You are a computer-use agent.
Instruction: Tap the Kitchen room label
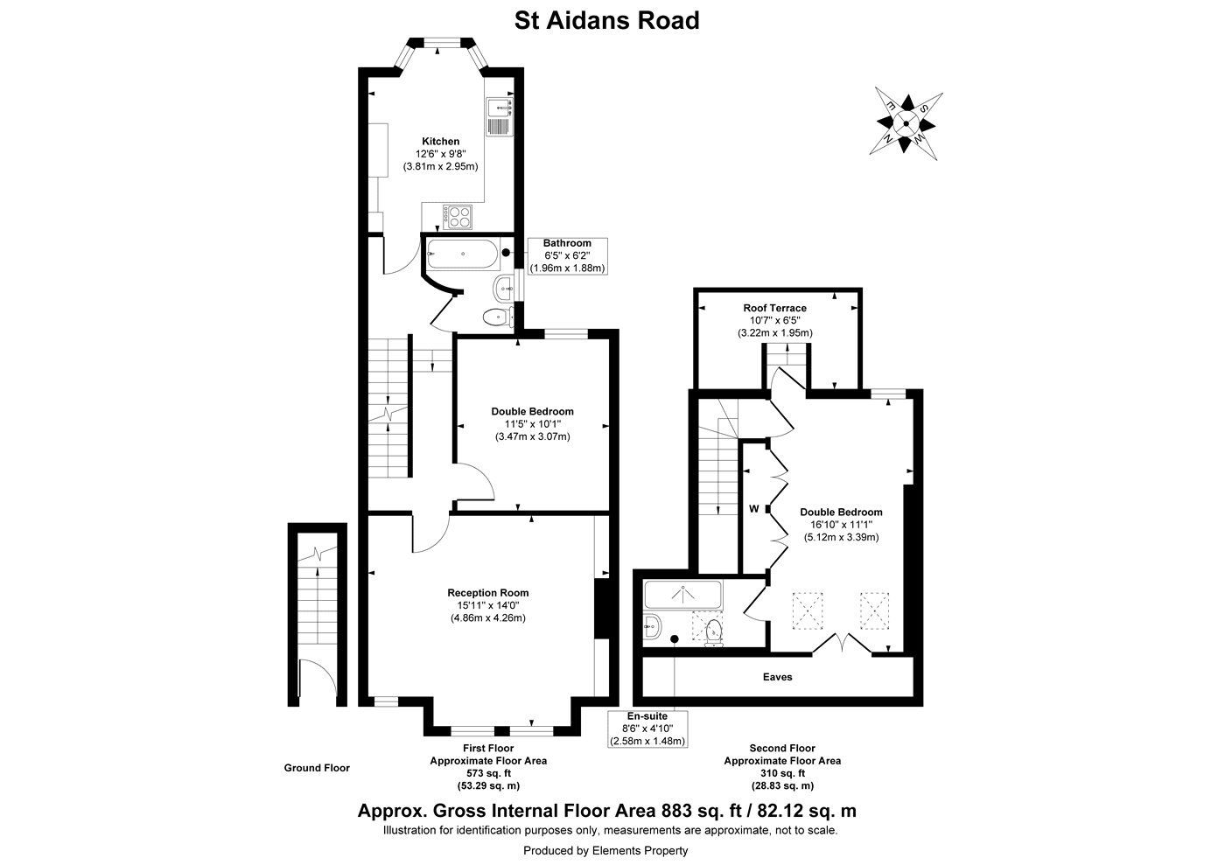(x=440, y=142)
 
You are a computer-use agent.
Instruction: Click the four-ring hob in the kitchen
(x=458, y=215)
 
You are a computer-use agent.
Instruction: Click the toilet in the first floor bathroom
(x=495, y=317)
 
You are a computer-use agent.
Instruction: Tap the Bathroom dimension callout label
(x=567, y=255)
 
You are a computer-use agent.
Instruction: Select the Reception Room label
(x=489, y=593)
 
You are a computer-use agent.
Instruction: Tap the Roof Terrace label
(x=774, y=308)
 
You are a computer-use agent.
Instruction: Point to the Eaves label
(x=777, y=677)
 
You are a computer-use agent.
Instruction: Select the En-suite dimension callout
(x=647, y=729)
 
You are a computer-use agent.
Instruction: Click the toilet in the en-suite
(x=714, y=630)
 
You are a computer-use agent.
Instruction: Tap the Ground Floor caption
(x=316, y=768)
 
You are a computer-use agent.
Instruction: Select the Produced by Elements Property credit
(x=605, y=850)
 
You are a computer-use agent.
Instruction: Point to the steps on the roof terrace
(x=787, y=357)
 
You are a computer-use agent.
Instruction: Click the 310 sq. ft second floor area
(x=781, y=773)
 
